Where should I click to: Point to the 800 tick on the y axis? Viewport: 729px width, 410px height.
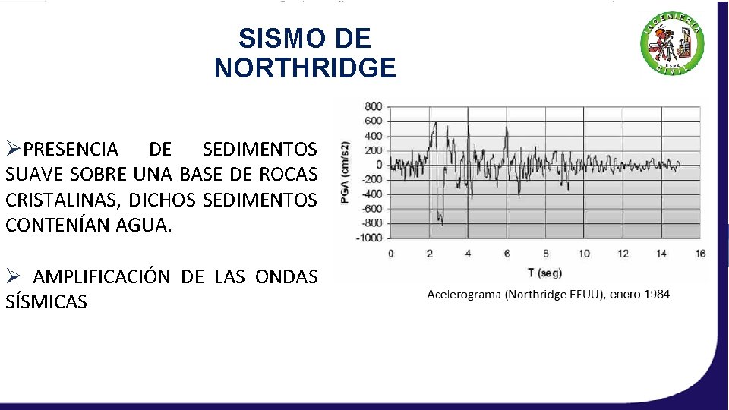pyautogui.click(x=374, y=106)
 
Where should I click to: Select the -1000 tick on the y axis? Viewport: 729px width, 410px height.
pyautogui.click(x=370, y=238)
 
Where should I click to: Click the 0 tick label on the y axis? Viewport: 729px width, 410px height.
pyautogui.click(x=378, y=165)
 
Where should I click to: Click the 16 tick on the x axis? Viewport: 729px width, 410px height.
pyautogui.click(x=699, y=254)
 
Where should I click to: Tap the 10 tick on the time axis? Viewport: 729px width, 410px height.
pyautogui.click(x=584, y=254)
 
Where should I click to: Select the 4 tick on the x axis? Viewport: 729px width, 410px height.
pyautogui.click(x=468, y=254)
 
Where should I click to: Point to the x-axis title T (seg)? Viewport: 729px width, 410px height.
pyautogui.click(x=541, y=273)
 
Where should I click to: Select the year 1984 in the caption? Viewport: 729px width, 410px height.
pyautogui.click(x=658, y=294)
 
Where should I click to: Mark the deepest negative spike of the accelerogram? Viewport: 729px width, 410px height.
pyautogui.click(x=442, y=224)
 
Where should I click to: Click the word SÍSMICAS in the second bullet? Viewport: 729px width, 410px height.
pyautogui.click(x=46, y=302)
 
